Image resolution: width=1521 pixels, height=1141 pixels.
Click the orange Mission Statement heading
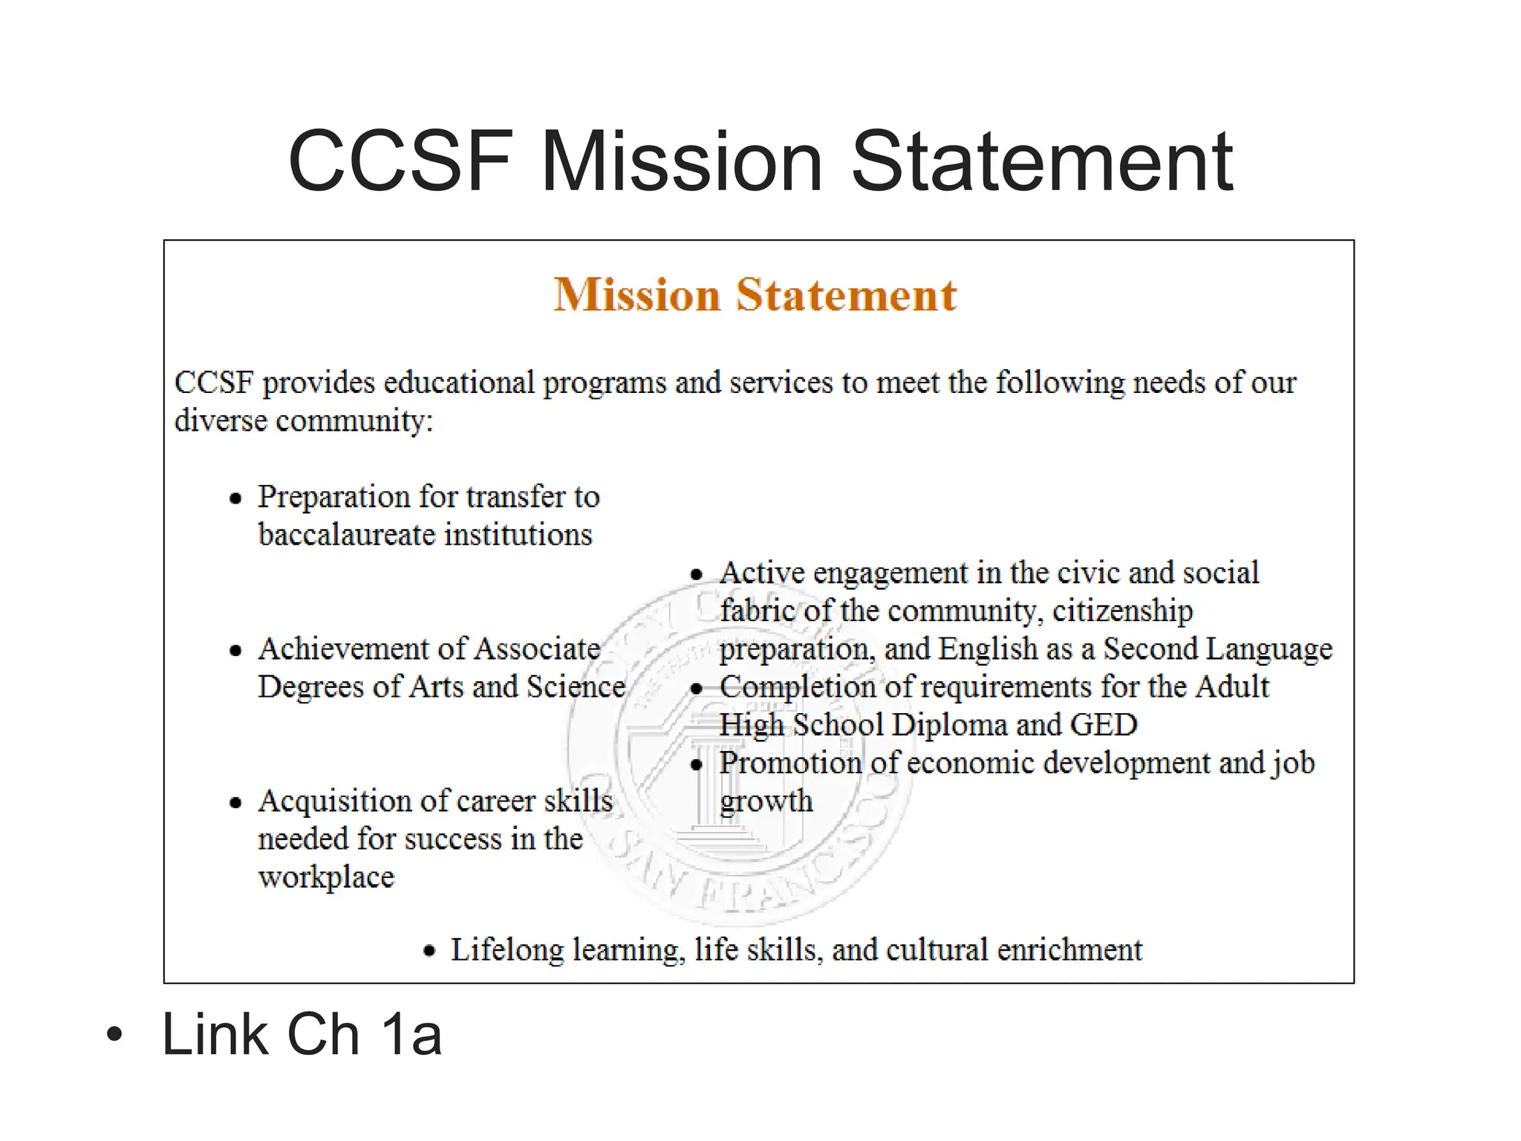pos(755,295)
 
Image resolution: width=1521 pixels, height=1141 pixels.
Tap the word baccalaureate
pos(344,534)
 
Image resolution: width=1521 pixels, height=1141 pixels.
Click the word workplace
pos(326,877)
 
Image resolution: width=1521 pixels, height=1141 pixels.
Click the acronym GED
pos(1104,724)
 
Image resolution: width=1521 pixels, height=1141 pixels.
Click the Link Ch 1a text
pos(302,1033)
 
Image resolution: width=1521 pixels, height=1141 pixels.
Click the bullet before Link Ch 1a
pos(114,1034)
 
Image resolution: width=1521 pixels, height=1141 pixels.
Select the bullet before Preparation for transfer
pos(236,498)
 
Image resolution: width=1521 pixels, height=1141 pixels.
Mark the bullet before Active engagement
pos(696,574)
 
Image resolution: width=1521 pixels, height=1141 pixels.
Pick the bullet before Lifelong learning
pos(429,952)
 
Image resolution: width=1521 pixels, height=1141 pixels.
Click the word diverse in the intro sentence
pos(221,420)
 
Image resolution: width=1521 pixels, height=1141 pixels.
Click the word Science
pos(576,686)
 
